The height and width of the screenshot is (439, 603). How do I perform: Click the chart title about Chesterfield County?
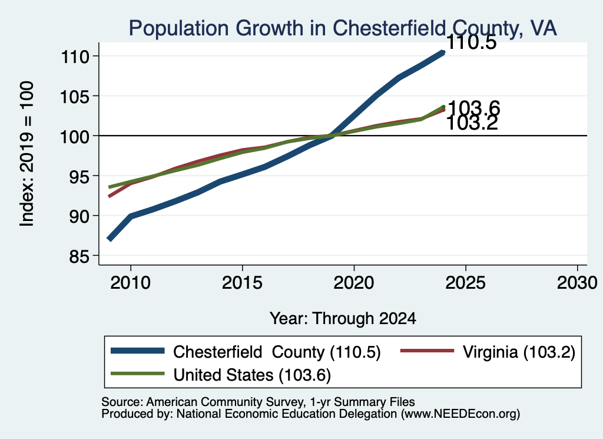343,28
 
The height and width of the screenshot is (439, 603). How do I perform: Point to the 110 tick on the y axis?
75,57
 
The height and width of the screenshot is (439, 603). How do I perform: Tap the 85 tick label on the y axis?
79,257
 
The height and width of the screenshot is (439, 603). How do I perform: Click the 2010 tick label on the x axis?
130,283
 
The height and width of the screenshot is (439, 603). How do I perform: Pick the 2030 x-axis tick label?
577,283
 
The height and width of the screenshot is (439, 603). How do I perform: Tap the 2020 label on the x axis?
354,283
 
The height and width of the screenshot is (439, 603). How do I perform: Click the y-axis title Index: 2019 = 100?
27,154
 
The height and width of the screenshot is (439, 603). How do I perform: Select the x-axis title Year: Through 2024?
343,319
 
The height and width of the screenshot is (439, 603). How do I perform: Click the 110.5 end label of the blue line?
472,42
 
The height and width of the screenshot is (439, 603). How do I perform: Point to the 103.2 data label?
472,124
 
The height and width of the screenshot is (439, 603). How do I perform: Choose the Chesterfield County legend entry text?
277,352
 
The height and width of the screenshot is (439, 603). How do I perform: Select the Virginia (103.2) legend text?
519,352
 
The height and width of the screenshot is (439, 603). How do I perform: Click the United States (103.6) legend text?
252,375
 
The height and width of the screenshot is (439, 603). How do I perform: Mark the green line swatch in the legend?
137,374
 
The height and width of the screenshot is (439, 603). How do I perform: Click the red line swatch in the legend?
428,351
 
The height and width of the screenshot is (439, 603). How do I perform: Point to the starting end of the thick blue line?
110,239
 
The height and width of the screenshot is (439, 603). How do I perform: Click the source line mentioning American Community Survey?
258,402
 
